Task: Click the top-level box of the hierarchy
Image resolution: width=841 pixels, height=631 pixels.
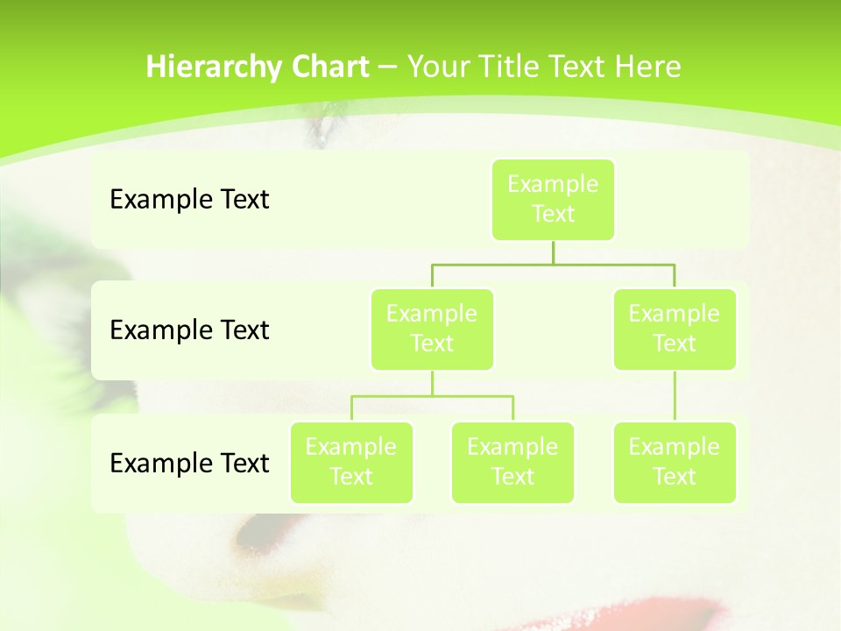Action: [553, 199]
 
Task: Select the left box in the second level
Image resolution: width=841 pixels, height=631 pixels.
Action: [432, 329]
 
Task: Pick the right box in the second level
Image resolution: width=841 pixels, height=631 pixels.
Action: [675, 329]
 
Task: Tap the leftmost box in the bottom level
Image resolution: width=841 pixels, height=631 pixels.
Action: [351, 462]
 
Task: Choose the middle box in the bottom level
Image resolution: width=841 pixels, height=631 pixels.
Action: [512, 462]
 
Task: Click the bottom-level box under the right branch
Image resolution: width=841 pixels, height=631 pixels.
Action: [675, 462]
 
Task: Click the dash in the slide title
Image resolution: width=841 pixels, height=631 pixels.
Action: [388, 67]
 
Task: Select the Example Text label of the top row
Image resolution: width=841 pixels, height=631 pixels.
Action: [189, 199]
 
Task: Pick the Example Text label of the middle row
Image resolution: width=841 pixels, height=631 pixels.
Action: [189, 330]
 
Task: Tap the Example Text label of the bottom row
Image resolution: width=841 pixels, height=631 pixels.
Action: [189, 463]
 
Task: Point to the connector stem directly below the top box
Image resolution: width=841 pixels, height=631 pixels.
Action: [553, 252]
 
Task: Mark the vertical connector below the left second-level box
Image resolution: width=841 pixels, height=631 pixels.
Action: [432, 383]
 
